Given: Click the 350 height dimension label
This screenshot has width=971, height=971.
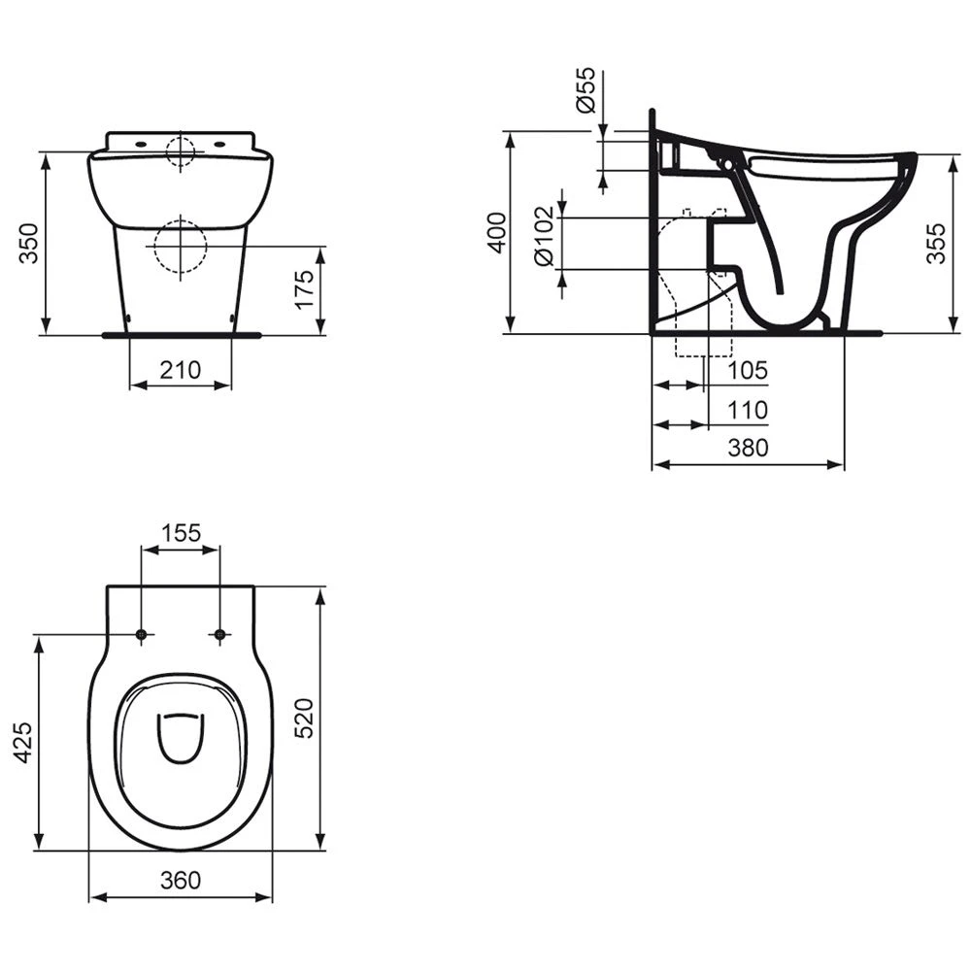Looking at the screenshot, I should pos(29,243).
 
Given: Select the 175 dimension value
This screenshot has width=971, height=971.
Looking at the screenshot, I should pos(304,289).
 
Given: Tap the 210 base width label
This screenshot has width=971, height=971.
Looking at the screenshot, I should pos(181,369).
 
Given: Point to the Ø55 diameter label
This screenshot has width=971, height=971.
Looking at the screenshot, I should pos(585,91).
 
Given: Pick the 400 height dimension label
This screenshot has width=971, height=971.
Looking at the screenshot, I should pos(496,232).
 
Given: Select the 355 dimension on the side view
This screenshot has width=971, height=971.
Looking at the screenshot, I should pos(935,243).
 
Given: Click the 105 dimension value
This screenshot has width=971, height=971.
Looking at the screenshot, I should pos(748,370).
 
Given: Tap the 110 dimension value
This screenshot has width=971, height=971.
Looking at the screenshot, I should pos(748,411).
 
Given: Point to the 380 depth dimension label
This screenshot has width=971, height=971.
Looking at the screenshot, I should pos(748,448).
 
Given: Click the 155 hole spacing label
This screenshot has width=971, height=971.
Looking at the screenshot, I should pos(181,532).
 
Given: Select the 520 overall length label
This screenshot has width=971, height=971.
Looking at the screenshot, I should pos(304,718).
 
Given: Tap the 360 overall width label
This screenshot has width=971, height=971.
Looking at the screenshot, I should pos(181,880).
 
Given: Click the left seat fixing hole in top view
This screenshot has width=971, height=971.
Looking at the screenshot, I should pos(143,635).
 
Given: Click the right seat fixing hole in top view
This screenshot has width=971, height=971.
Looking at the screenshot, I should pos(219,635).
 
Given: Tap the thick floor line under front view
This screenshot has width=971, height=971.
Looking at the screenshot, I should pos(181,334).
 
